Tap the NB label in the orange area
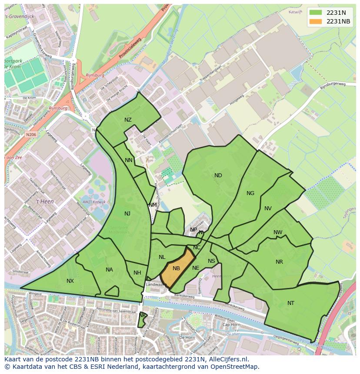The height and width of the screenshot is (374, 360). [176, 268]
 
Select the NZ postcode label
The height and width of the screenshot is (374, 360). [128, 120]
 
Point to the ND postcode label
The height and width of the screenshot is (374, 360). [218, 175]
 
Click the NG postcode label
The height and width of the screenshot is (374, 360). [250, 193]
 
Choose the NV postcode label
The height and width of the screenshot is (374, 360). [268, 209]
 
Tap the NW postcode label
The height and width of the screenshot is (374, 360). [278, 232]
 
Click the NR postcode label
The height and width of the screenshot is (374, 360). [279, 262]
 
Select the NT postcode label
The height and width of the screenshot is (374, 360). [291, 303]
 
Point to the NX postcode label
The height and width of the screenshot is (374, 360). [70, 281]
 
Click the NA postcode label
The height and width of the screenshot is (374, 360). [109, 270]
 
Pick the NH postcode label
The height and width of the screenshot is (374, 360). [137, 273]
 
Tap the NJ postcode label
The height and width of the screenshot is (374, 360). [127, 213]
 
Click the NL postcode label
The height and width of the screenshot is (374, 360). [162, 257]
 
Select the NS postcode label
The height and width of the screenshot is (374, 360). [211, 261]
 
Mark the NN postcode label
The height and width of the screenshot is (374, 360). [129, 160]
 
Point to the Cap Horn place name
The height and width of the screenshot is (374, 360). [231, 325]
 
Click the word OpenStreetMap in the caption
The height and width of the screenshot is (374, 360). [234, 367]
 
